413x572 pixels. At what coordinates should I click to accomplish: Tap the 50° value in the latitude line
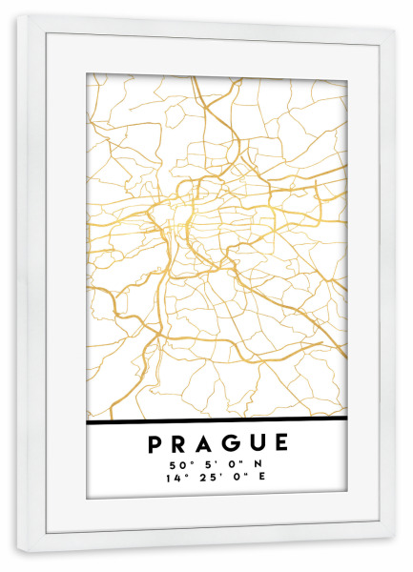point(178,464)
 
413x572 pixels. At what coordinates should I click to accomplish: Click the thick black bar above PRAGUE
point(217,420)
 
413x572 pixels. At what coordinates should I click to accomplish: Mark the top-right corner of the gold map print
point(346,73)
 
